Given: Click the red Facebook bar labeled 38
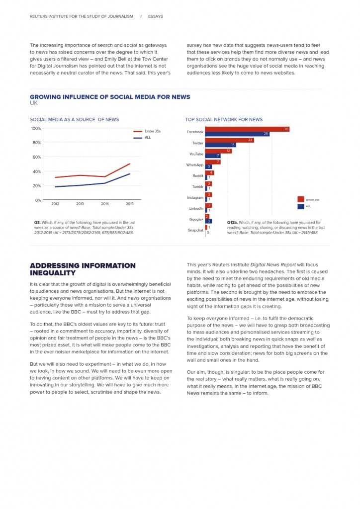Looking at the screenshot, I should point(247,129).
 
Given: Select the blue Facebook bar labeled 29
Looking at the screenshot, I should point(237,134).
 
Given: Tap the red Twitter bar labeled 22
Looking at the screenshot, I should point(230,140).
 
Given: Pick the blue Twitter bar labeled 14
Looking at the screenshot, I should point(220,145).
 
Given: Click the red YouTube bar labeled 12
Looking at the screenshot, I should point(218,151).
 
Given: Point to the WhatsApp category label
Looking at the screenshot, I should point(195,165).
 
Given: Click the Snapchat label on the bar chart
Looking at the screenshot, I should point(195,230).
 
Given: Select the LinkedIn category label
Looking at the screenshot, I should point(196,208).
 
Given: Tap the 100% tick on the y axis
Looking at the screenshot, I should point(36,128).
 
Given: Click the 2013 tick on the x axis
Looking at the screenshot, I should point(80,204).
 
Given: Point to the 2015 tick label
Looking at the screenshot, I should point(130,204).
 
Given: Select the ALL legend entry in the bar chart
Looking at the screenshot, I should point(308,206).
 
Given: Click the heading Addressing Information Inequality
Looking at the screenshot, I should point(83,269).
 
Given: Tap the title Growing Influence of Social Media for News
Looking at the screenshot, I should point(110,97).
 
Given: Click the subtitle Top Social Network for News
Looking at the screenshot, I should point(224,119).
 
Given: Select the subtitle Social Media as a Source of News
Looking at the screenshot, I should point(74,119).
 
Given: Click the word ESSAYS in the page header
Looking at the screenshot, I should point(155,16).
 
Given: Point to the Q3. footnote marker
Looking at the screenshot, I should point(37,223).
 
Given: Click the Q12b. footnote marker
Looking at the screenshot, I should point(232,223).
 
